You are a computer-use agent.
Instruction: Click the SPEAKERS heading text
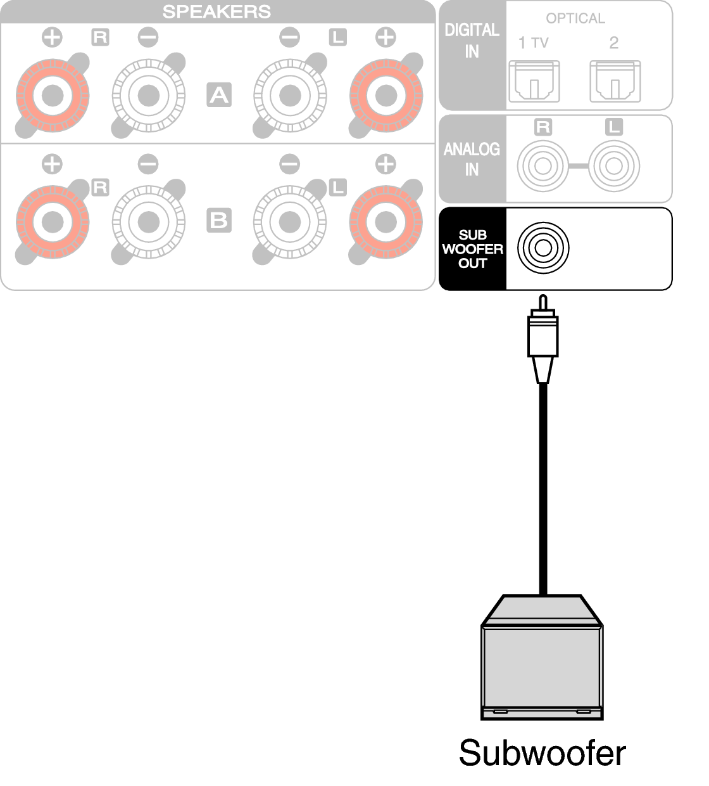(216, 11)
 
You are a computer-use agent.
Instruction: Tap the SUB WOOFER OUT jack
(543, 248)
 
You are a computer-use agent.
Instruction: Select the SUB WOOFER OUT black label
(472, 249)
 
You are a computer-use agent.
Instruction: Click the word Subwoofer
(542, 753)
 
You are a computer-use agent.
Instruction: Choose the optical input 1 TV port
(534, 81)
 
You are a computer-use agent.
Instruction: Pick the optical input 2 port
(615, 81)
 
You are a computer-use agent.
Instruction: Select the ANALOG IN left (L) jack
(613, 166)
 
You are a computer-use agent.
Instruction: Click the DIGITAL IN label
(472, 41)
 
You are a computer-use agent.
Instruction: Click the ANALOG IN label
(472, 159)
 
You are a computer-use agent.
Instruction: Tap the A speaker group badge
(218, 95)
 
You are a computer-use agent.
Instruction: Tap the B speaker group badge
(218, 220)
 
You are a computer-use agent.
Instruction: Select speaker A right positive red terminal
(53, 96)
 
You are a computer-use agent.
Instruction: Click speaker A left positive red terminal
(385, 96)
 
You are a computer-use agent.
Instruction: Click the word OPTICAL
(575, 18)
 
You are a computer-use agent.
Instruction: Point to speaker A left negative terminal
(289, 96)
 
